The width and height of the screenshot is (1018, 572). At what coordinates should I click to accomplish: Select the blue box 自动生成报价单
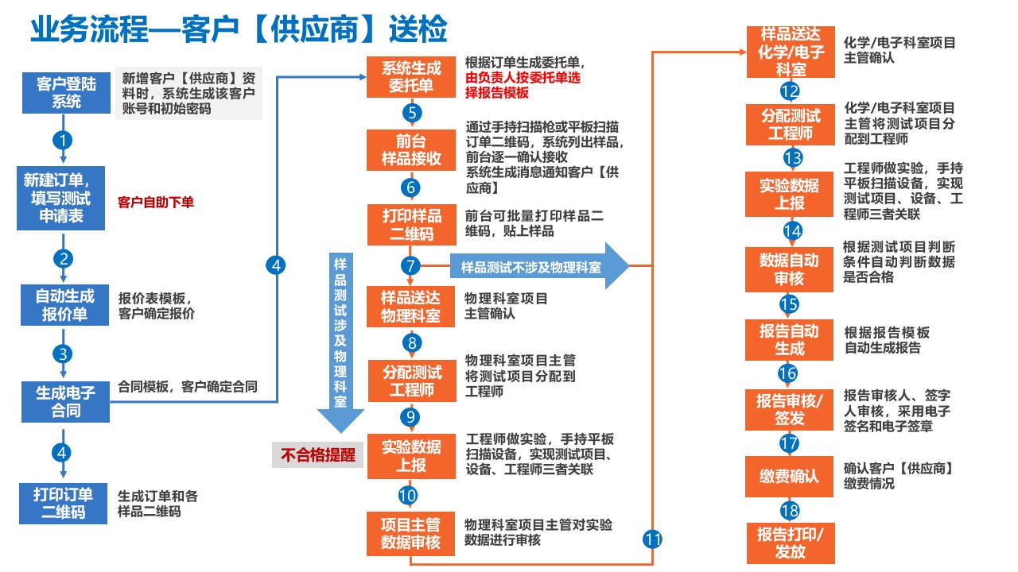pyautogui.click(x=64, y=306)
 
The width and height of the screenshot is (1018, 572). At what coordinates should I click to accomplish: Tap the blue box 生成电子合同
pyautogui.click(x=64, y=401)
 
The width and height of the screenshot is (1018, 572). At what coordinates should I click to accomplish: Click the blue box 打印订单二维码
pyautogui.click(x=64, y=502)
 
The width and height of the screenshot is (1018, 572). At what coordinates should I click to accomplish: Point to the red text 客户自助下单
pyautogui.click(x=156, y=203)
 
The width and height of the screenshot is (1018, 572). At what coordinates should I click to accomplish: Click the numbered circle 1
pyautogui.click(x=63, y=139)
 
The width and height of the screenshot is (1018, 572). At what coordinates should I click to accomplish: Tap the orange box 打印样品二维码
pyautogui.click(x=411, y=225)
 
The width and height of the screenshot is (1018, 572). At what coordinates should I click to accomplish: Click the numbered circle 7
pyautogui.click(x=410, y=266)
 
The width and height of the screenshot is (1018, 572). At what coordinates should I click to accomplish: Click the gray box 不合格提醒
pyautogui.click(x=317, y=454)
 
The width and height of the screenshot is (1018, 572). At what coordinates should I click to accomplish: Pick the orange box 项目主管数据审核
pyautogui.click(x=411, y=533)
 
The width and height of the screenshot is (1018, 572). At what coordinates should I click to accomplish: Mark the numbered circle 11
pyautogui.click(x=652, y=539)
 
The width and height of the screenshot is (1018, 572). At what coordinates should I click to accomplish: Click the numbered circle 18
pyautogui.click(x=789, y=510)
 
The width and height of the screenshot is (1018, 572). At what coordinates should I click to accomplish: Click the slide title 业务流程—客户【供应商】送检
pyautogui.click(x=239, y=30)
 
